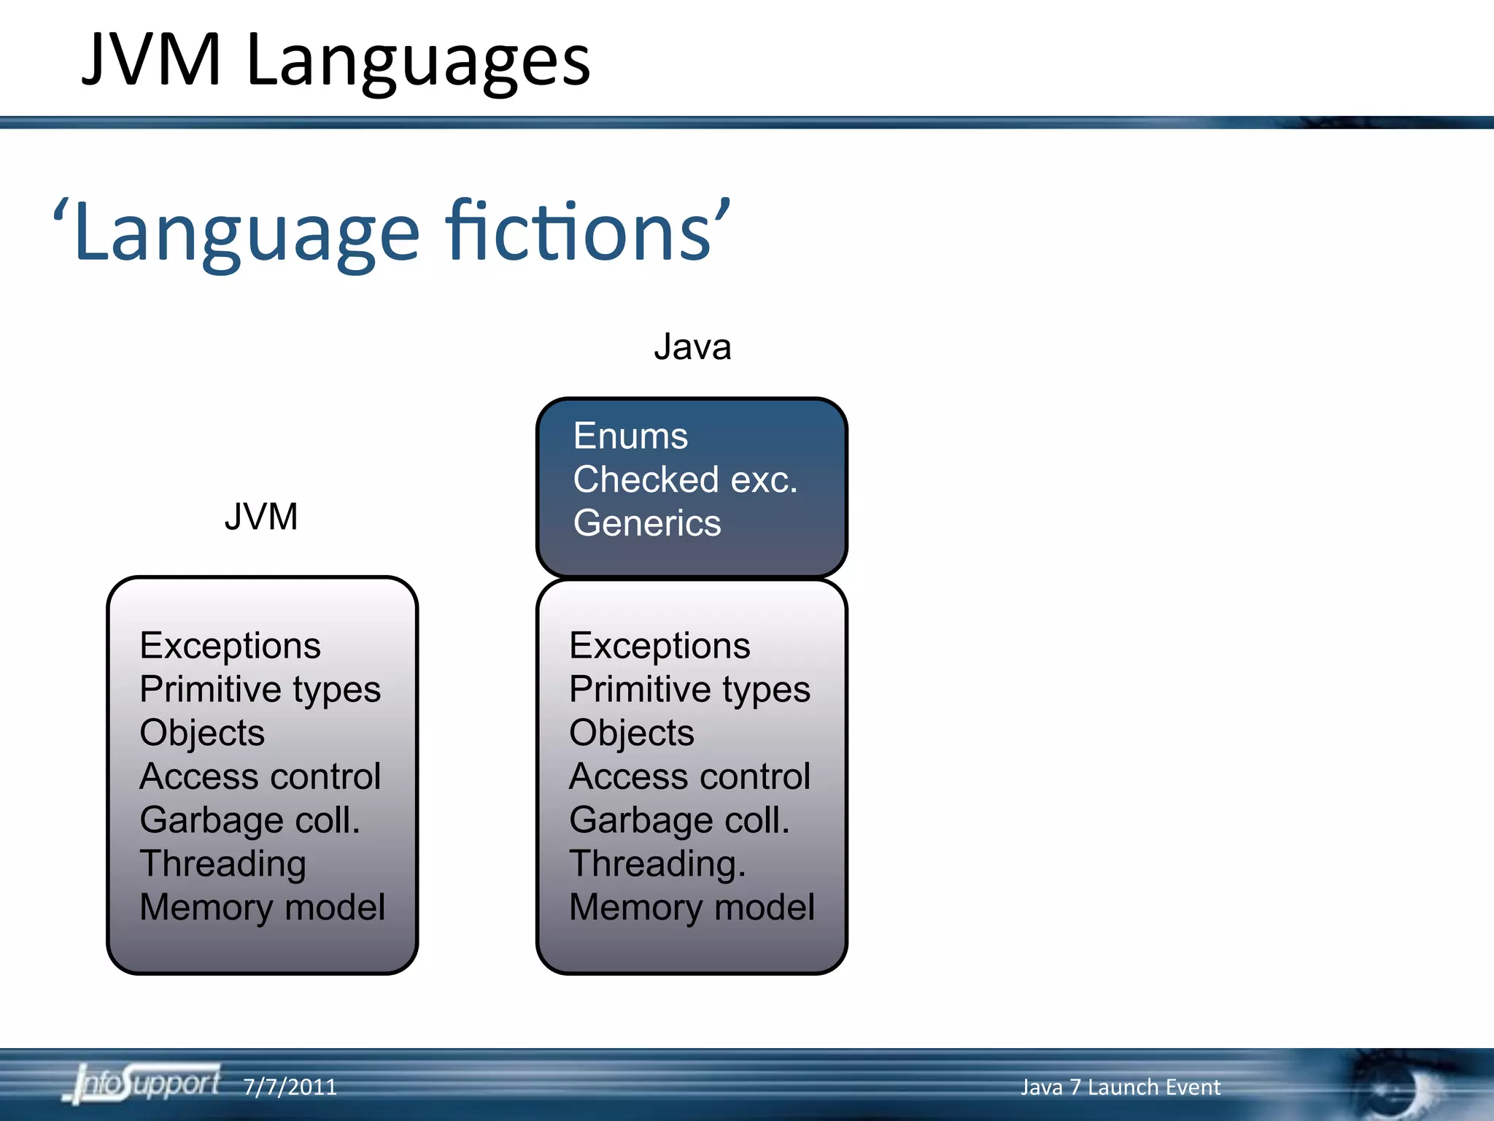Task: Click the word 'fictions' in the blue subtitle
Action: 578,232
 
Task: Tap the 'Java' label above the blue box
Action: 692,347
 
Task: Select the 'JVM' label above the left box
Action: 260,517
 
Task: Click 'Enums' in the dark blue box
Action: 630,436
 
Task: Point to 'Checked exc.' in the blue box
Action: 685,480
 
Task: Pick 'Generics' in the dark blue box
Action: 647,523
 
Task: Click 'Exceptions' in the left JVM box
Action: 230,646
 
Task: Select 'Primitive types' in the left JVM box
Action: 260,690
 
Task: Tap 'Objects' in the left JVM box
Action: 202,733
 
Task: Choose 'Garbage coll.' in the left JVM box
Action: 249,820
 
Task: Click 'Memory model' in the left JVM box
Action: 262,907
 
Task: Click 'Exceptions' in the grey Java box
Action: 659,646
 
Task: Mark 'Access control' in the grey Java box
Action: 689,777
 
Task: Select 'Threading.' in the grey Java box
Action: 657,864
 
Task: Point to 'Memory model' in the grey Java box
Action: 692,907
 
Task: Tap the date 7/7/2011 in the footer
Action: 290,1087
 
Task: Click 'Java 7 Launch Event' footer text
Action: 1120,1087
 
